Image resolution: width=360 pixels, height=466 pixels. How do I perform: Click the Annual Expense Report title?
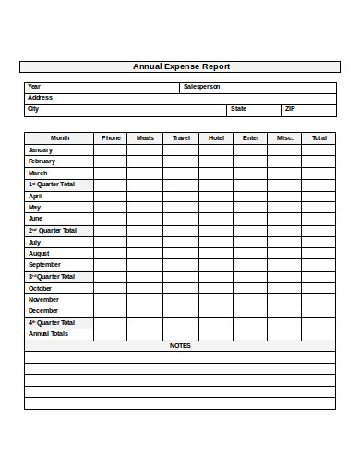tap(181, 66)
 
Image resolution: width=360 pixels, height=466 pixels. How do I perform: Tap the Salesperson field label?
tap(201, 87)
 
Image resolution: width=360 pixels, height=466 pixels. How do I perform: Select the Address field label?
tap(40, 98)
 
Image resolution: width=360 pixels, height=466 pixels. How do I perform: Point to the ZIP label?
tap(290, 109)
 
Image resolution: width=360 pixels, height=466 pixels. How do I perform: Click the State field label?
tap(238, 109)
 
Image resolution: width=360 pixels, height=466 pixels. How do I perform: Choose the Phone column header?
tap(111, 138)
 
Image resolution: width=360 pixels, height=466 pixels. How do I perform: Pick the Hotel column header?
tap(216, 138)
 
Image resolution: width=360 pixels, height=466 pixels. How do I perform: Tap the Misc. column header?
tap(284, 138)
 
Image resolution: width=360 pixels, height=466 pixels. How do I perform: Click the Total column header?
tap(318, 138)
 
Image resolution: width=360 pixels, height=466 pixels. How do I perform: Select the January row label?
tap(41, 149)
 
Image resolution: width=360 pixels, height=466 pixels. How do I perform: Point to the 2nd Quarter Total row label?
tap(52, 231)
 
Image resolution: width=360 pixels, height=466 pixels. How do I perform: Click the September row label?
tap(44, 265)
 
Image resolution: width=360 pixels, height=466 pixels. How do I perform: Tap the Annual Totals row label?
tap(48, 334)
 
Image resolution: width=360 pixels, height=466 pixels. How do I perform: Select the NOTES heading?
tap(180, 346)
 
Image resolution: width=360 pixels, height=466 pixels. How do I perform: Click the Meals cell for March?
tap(145, 173)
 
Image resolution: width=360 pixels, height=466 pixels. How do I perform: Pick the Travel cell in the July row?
tap(180, 242)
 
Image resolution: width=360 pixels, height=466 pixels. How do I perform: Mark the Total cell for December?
tap(318, 311)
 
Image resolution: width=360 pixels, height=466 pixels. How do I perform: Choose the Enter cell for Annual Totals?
tap(250, 334)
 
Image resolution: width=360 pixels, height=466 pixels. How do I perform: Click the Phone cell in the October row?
tap(111, 288)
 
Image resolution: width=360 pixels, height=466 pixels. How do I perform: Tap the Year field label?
tap(34, 87)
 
